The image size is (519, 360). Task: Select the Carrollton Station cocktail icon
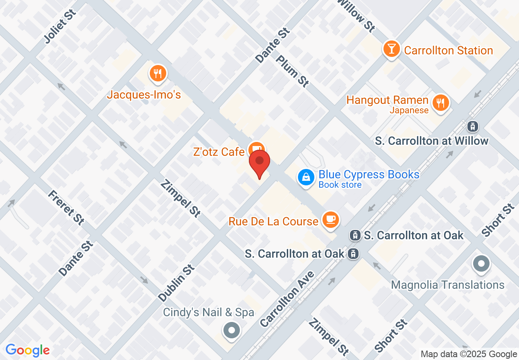click(392, 49)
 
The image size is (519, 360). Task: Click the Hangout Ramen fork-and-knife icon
click(440, 102)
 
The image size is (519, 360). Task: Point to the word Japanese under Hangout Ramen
click(409, 110)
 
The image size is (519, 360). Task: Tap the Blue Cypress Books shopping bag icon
click(306, 178)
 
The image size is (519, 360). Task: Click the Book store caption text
click(340, 185)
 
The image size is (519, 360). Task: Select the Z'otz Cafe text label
click(219, 152)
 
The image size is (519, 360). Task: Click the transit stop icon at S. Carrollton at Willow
click(473, 126)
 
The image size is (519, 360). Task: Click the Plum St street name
click(292, 70)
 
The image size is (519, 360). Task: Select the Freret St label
click(65, 207)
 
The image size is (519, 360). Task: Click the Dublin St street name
click(176, 283)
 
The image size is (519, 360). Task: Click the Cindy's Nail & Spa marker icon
click(232, 329)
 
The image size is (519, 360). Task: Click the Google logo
click(27, 351)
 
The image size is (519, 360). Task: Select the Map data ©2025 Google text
click(469, 354)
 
